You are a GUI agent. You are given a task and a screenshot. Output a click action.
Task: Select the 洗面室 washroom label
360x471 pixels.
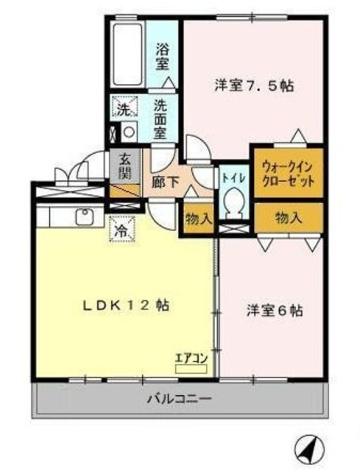coord(162,119)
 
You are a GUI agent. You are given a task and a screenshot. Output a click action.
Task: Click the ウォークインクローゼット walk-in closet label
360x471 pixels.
coord(287,173)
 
